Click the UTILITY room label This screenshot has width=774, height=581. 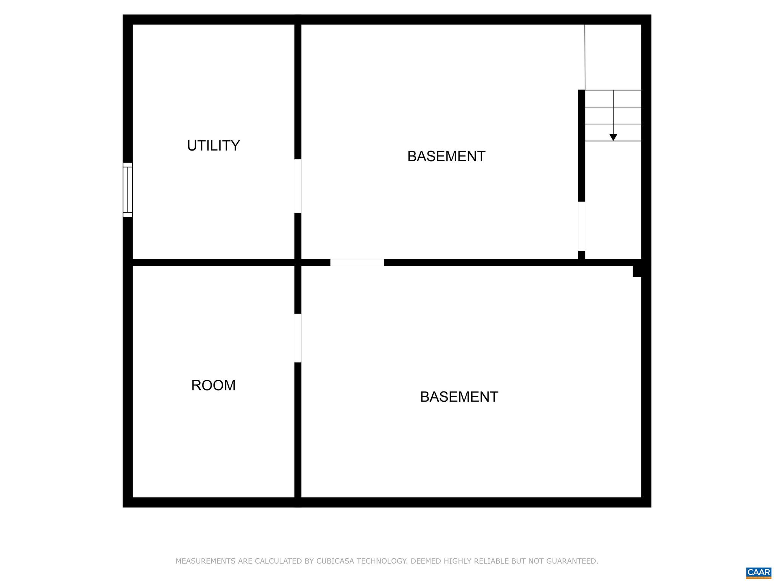click(214, 146)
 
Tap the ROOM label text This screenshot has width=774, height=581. click(214, 385)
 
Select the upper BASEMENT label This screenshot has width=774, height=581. click(446, 156)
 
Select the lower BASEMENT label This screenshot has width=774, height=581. click(459, 397)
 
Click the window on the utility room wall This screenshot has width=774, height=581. click(128, 190)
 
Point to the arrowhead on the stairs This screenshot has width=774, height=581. click(613, 138)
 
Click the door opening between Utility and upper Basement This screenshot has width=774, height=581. click(298, 186)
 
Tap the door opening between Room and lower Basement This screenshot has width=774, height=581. click(298, 338)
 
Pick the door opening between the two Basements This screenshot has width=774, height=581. click(357, 263)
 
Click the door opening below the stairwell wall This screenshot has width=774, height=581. click(582, 226)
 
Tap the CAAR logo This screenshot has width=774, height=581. click(759, 572)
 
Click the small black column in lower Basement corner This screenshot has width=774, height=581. click(637, 271)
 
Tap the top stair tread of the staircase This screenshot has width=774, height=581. click(613, 99)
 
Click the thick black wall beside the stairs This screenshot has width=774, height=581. click(582, 146)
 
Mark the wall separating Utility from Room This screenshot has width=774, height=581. click(214, 263)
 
